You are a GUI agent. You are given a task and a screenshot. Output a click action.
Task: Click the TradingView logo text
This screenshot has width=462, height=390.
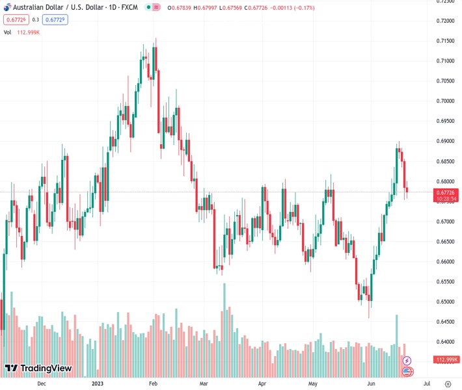pyautogui.click(x=46, y=369)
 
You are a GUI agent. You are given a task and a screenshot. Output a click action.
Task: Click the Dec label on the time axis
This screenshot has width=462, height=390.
pyautogui.click(x=42, y=383)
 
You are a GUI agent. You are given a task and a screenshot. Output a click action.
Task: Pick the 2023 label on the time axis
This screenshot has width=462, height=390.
pyautogui.click(x=98, y=383)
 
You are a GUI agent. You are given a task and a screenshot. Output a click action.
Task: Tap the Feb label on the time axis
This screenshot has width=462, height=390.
pyautogui.click(x=153, y=383)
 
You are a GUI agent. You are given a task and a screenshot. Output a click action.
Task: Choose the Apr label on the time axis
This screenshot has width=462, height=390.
pyautogui.click(x=262, y=383)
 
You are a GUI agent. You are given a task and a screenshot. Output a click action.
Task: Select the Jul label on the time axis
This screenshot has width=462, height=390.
pyautogui.click(x=426, y=383)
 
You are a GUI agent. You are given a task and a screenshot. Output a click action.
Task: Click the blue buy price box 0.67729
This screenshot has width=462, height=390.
pyautogui.click(x=55, y=19)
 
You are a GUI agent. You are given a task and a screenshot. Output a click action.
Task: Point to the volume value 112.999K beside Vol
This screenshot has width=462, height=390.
pyautogui.click(x=29, y=32)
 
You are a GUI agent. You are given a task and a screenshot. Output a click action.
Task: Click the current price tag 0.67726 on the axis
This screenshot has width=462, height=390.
pyautogui.click(x=446, y=192)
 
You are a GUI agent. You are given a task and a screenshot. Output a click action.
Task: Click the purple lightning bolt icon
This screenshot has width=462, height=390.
pyautogui.click(x=407, y=360)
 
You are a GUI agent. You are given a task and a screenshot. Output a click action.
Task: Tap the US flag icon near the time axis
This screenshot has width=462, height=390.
pyautogui.click(x=407, y=372)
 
